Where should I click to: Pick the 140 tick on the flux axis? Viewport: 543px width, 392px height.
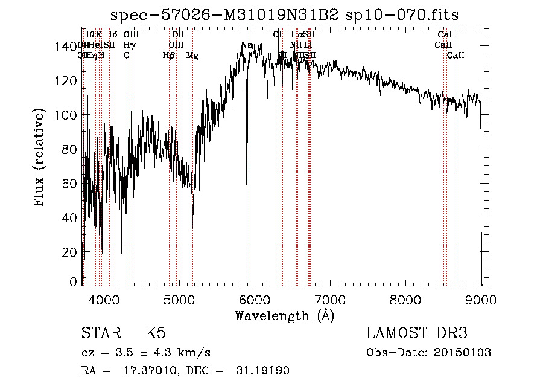pyautogui.click(x=68, y=47)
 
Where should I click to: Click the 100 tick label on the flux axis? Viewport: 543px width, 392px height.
pyautogui.click(x=68, y=115)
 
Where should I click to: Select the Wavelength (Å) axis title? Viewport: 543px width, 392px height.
pyautogui.click(x=284, y=315)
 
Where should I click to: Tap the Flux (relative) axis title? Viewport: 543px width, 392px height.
pyautogui.click(x=40, y=158)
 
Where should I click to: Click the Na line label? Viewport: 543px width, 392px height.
pyautogui.click(x=246, y=45)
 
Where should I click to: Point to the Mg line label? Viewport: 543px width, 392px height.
pyautogui.click(x=192, y=56)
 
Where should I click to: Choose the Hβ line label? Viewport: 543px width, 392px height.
pyautogui.click(x=169, y=56)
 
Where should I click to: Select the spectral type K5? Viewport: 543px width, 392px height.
pyautogui.click(x=156, y=333)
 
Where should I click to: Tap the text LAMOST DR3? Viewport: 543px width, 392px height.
pyautogui.click(x=417, y=333)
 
